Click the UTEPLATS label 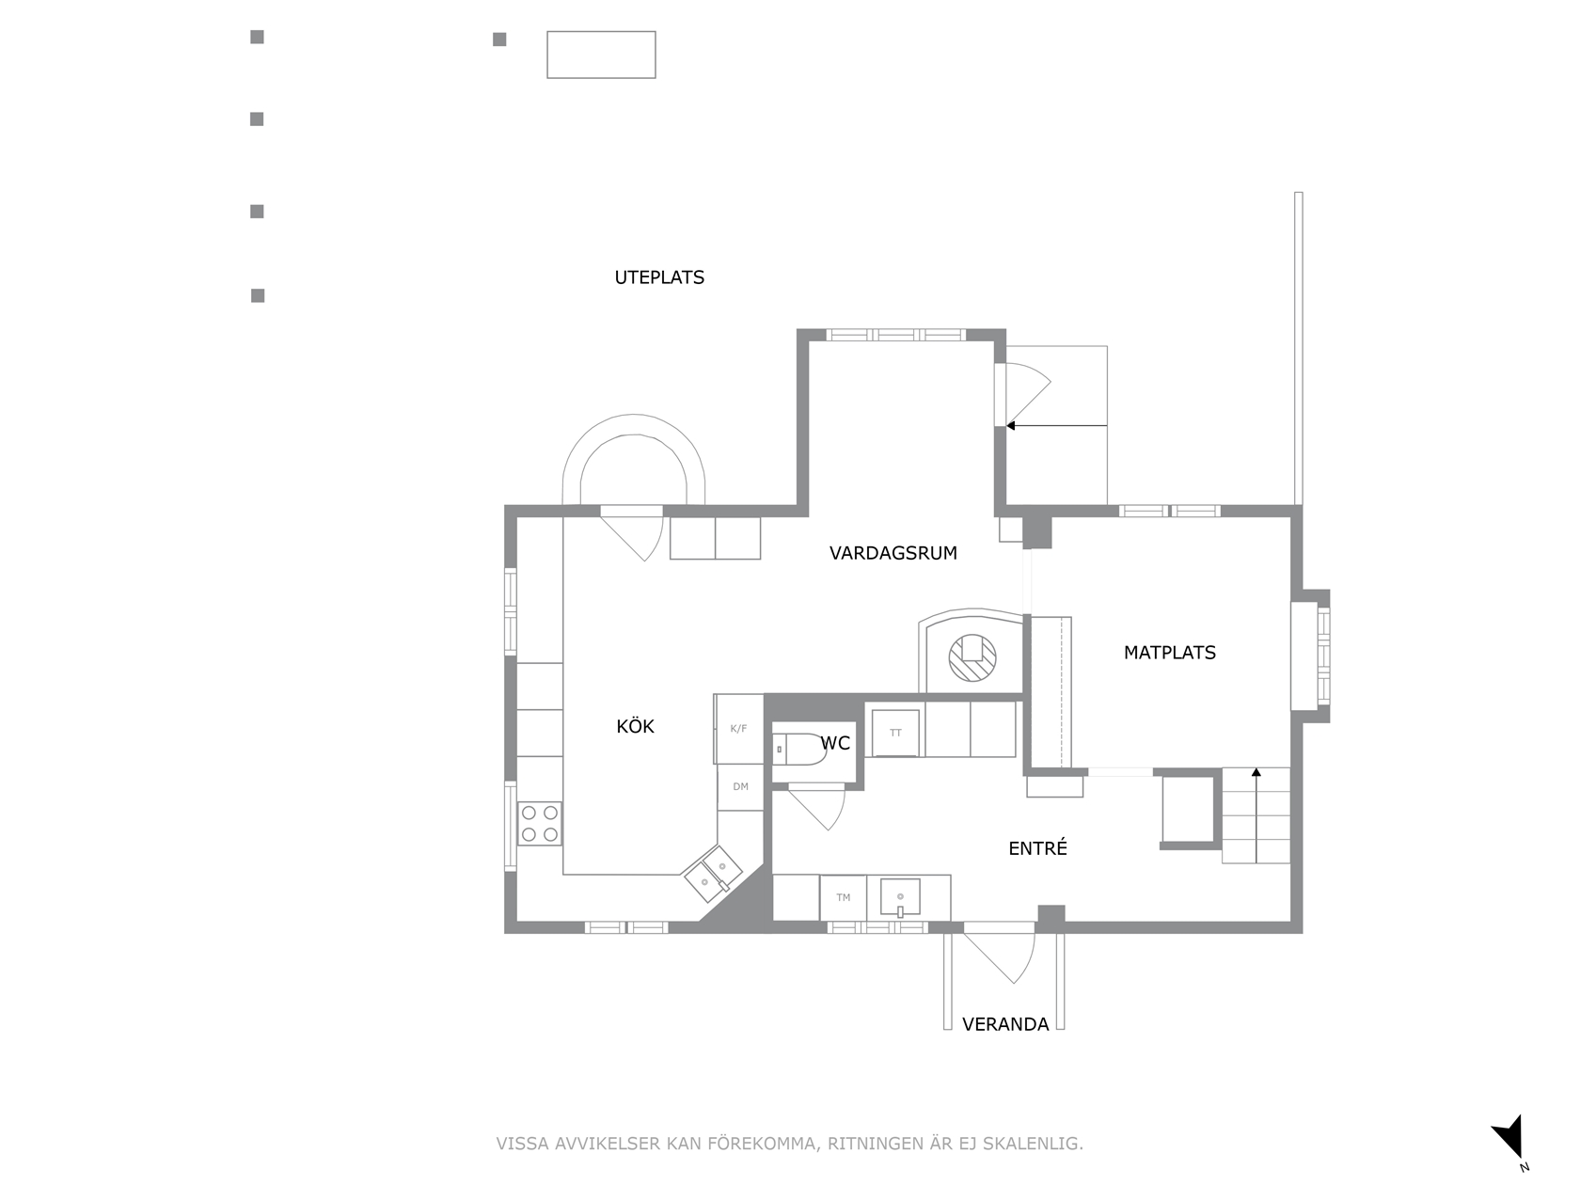(658, 277)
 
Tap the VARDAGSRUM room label (893, 553)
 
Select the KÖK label (635, 726)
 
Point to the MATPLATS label (1169, 653)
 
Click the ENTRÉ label (1037, 848)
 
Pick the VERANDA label (1004, 1024)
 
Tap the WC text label (835, 743)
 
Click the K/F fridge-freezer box (738, 729)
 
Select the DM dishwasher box (740, 787)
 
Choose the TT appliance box (895, 734)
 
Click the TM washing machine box (843, 897)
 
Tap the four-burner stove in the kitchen (539, 823)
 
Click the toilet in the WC (798, 749)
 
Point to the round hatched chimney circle (972, 657)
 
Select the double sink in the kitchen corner (713, 874)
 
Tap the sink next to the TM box (900, 897)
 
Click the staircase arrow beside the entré (1256, 815)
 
